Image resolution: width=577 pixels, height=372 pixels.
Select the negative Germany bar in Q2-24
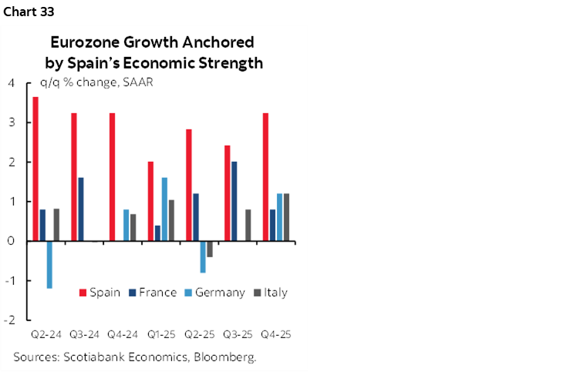(49, 264)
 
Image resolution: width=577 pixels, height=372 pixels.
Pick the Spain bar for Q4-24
(113, 177)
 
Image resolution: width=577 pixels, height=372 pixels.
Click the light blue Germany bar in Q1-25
(164, 209)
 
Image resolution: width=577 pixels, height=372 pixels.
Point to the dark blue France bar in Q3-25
(235, 201)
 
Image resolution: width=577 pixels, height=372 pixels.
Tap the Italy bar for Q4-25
(286, 217)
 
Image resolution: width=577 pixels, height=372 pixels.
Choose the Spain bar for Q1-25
(151, 201)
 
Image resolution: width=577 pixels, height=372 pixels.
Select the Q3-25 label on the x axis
(238, 336)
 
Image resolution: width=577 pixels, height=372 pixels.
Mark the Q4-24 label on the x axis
(122, 336)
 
